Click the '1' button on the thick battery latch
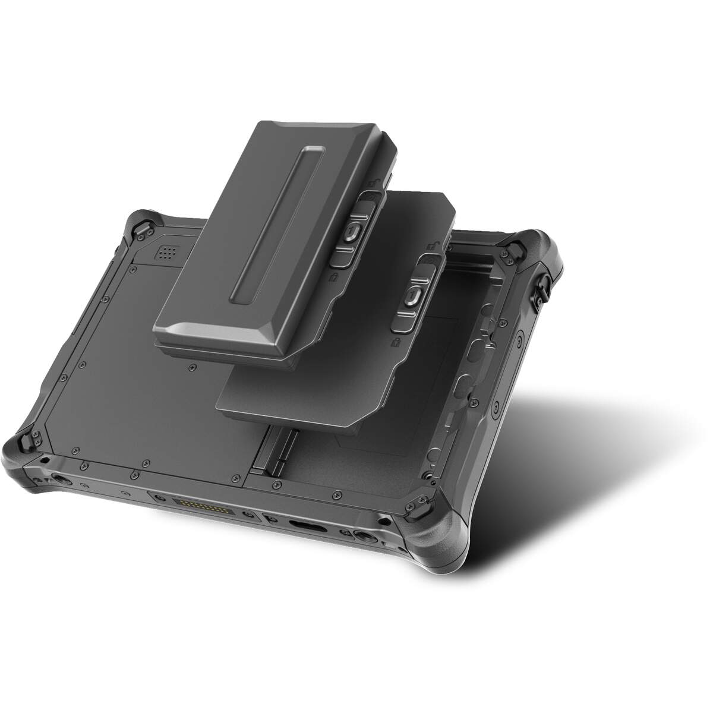pos(353,229)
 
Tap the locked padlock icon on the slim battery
pos(395,343)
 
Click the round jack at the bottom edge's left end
pos(61,479)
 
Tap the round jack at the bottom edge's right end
pos(364,538)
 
